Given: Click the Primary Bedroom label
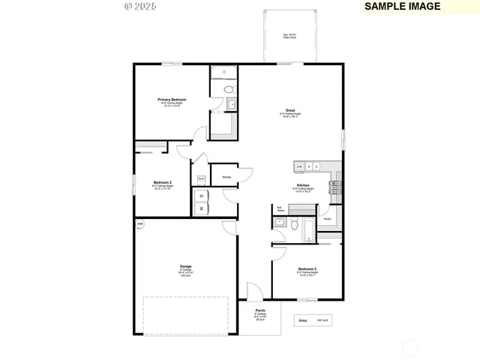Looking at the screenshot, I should tap(172, 100).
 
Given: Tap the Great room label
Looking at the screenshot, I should tap(289, 110).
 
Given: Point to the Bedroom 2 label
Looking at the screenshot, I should tap(163, 183).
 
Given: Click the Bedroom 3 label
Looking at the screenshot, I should tap(307, 268).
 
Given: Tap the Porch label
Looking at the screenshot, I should tap(260, 310).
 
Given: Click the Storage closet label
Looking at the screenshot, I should tap(226, 177).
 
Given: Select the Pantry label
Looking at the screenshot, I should tap(328, 219).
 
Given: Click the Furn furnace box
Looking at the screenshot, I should tap(201, 178).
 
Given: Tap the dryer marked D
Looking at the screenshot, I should tap(201, 196).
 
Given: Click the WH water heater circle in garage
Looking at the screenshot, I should tap(139, 224).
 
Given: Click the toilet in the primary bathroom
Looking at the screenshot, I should tap(229, 89).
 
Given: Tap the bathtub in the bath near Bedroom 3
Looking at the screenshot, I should tap(307, 226).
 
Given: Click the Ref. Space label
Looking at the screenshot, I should tap(280, 209).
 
